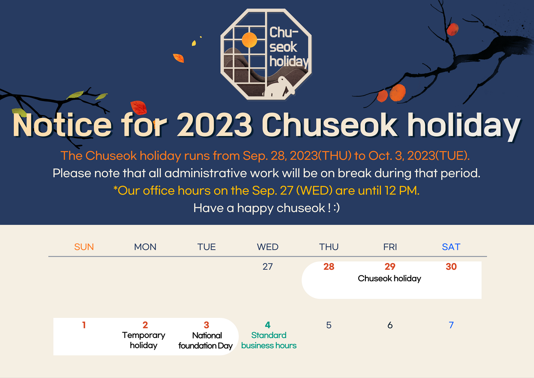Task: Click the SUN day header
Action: click(x=84, y=247)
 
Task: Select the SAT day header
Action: click(x=451, y=247)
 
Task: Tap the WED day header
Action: click(x=267, y=247)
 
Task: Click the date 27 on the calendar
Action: click(x=267, y=266)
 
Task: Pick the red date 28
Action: click(x=329, y=266)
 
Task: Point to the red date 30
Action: click(x=451, y=266)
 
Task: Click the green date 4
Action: click(x=268, y=325)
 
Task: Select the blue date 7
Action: click(x=451, y=325)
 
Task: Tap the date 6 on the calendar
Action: click(x=390, y=325)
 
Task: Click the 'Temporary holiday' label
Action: click(x=143, y=341)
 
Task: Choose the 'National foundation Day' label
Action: click(x=206, y=341)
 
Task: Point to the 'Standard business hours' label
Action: click(x=269, y=340)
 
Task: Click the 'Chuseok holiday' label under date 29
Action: click(x=389, y=279)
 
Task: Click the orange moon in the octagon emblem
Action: click(x=249, y=40)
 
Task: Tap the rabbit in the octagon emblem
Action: click(x=279, y=87)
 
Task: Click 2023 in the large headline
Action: click(x=214, y=125)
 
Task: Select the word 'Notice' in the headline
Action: click(x=62, y=125)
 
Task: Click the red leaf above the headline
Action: click(x=138, y=108)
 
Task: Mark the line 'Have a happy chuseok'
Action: click(x=267, y=208)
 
